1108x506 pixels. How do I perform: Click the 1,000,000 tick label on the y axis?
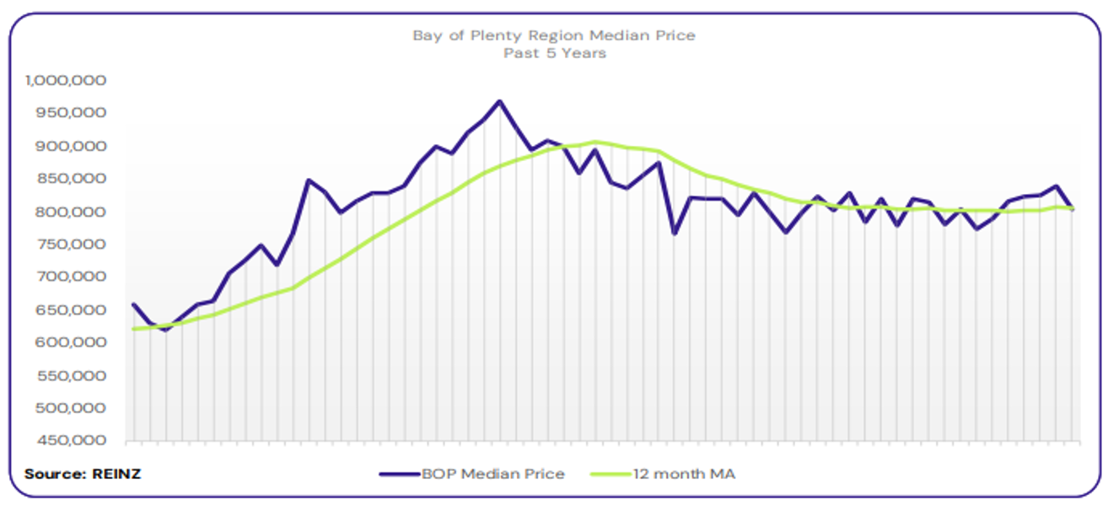click(67, 81)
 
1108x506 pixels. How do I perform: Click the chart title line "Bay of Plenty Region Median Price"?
click(554, 35)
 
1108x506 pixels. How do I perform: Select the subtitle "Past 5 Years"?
click(554, 53)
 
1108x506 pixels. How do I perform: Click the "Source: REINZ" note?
click(83, 474)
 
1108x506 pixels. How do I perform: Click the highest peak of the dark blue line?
click(499, 101)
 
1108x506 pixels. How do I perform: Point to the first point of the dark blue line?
click(134, 304)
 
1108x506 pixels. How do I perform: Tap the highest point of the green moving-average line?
click(595, 142)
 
